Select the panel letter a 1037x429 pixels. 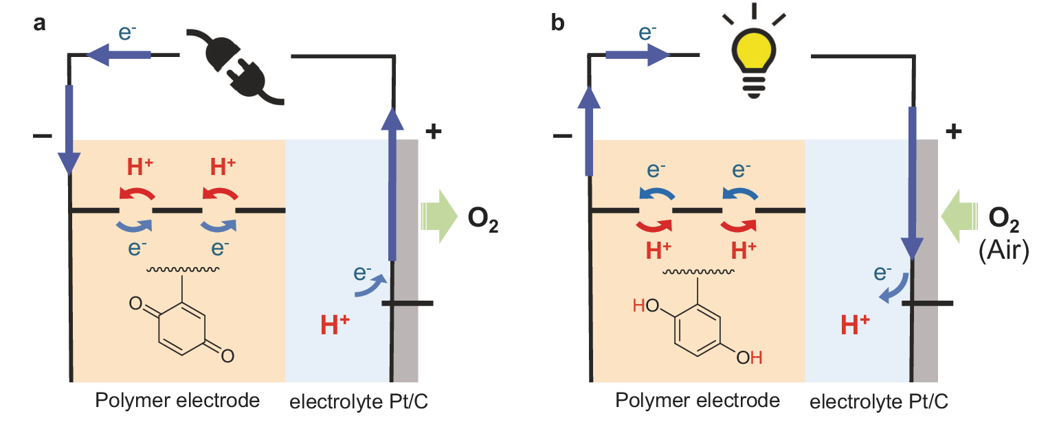39,23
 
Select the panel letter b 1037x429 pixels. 558,23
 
